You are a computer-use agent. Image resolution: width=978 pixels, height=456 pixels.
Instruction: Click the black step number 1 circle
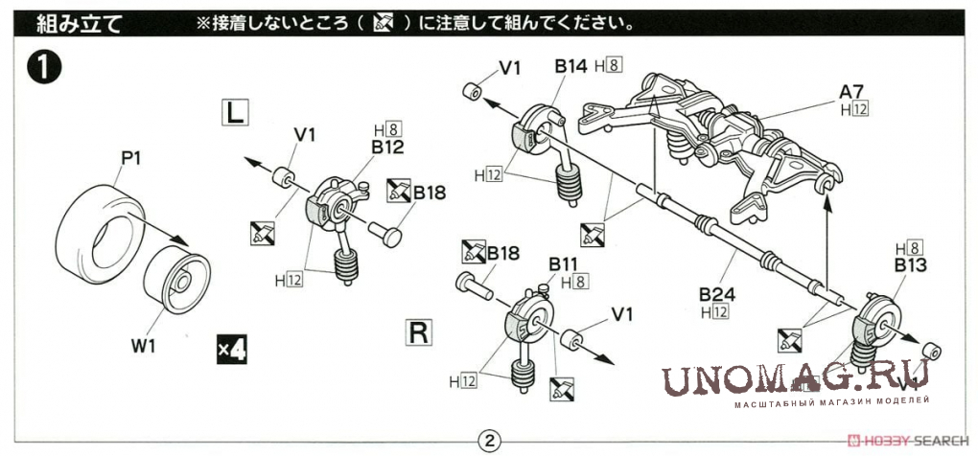44,68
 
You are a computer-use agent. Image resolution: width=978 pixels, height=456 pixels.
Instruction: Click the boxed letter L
235,112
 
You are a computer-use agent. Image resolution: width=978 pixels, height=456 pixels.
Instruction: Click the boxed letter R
419,332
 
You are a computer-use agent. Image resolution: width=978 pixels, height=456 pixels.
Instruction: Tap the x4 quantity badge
231,350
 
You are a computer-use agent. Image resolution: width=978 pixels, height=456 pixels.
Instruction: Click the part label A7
852,92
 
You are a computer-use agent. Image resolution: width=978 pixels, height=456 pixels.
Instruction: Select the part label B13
909,264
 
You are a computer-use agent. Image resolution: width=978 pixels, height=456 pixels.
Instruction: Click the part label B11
565,263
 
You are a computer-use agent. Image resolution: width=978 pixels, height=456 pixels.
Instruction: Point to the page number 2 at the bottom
489,441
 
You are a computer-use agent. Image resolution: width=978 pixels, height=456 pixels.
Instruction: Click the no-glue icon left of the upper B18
398,192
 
